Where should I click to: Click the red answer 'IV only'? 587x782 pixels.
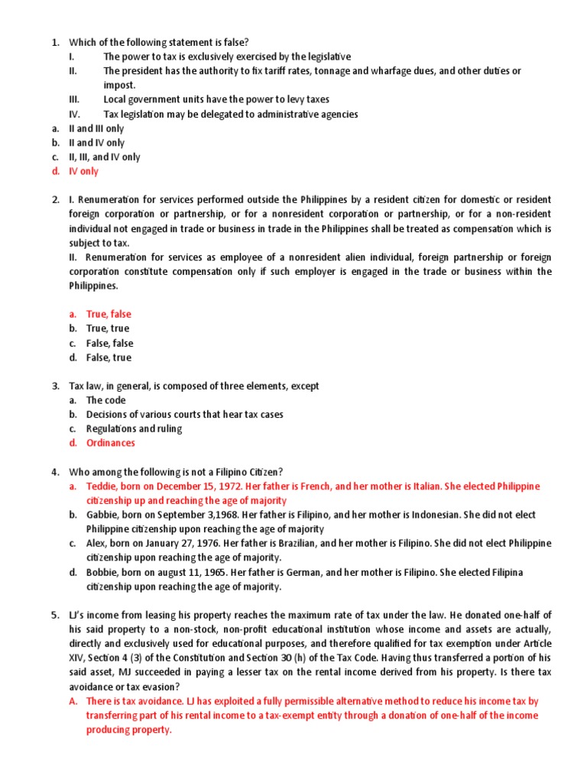pos(83,171)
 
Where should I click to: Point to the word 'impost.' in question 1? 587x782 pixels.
pos(120,85)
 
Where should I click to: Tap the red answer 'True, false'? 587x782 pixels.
pos(109,314)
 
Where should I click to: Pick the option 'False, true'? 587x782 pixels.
pos(109,357)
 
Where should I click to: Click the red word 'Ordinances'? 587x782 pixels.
pos(110,443)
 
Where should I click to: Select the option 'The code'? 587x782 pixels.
pos(106,400)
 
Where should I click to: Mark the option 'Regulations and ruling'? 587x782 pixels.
pos(134,428)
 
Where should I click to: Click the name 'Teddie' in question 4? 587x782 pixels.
pos(101,486)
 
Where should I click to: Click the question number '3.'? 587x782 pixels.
pos(56,386)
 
